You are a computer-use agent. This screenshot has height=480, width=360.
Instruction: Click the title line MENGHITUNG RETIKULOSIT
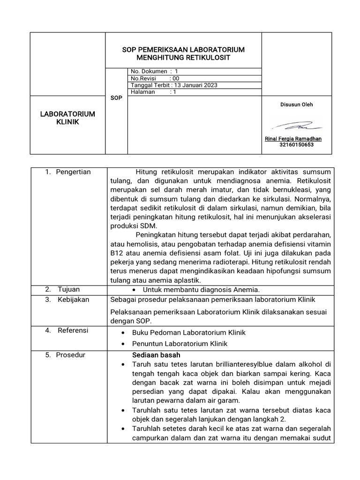click(183, 58)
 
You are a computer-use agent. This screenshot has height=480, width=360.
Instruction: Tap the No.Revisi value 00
click(176, 78)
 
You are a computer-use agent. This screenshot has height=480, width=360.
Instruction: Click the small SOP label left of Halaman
click(116, 98)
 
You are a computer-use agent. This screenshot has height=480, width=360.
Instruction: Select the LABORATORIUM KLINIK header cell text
click(67, 118)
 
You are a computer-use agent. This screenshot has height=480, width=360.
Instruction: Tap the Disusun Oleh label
click(296, 105)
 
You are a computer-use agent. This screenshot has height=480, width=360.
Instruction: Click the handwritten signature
click(297, 126)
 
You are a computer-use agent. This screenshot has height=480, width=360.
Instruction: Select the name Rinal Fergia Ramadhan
click(293, 139)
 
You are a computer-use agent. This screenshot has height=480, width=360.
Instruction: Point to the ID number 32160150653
click(296, 145)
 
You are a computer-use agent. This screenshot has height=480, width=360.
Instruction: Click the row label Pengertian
click(73, 172)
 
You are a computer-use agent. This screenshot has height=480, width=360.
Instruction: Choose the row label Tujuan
click(68, 289)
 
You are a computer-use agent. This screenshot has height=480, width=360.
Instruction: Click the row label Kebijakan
click(73, 300)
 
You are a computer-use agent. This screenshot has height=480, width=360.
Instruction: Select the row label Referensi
click(73, 330)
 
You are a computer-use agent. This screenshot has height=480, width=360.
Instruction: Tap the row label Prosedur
click(71, 355)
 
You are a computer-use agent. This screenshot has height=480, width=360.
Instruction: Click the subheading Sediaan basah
click(156, 355)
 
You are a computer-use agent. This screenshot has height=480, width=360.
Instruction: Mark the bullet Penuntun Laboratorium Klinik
click(180, 344)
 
